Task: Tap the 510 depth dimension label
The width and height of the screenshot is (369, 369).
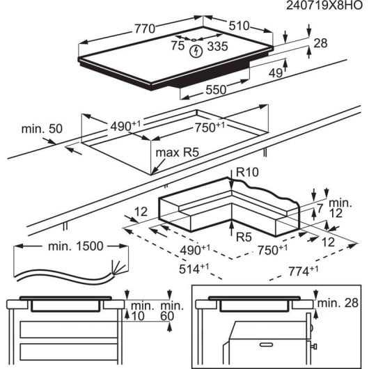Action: [x=238, y=26]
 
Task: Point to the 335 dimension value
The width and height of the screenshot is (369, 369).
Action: [x=218, y=47]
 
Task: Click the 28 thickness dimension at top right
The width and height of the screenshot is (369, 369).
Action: [x=320, y=43]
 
